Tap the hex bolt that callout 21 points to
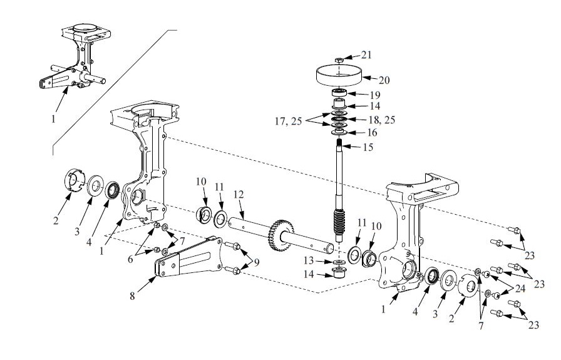click(x=339, y=59)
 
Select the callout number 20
click(x=385, y=80)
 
